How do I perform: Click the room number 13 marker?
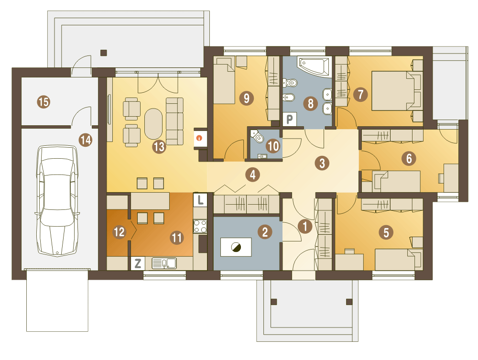159,147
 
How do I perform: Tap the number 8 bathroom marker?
310,103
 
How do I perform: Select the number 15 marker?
43,101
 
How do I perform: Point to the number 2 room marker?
265,232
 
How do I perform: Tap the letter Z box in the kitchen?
138,263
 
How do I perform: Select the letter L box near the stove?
200,200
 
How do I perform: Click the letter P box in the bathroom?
289,119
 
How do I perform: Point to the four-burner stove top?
200,226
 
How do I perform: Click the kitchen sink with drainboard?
164,263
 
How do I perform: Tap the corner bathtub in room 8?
315,65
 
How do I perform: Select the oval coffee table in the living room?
153,124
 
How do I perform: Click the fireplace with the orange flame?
200,138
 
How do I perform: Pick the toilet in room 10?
258,137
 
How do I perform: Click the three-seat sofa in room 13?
174,121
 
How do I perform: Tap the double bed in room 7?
396,90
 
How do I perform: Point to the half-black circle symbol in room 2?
236,247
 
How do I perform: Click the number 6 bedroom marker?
409,159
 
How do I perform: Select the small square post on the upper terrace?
104,53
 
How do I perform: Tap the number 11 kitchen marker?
177,238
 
